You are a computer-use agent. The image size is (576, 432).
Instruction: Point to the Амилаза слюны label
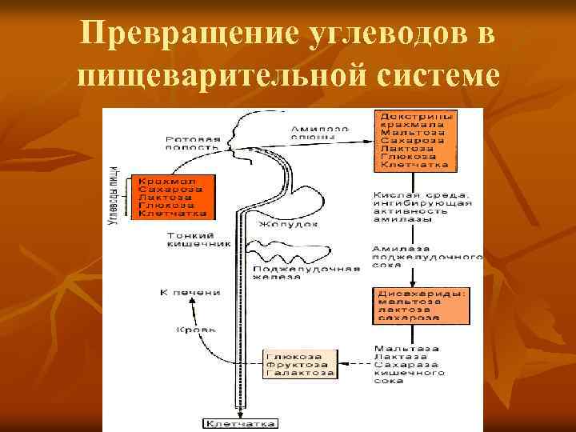319,133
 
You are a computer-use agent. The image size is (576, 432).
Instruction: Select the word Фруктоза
297,364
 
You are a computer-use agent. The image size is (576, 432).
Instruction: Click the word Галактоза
298,373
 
